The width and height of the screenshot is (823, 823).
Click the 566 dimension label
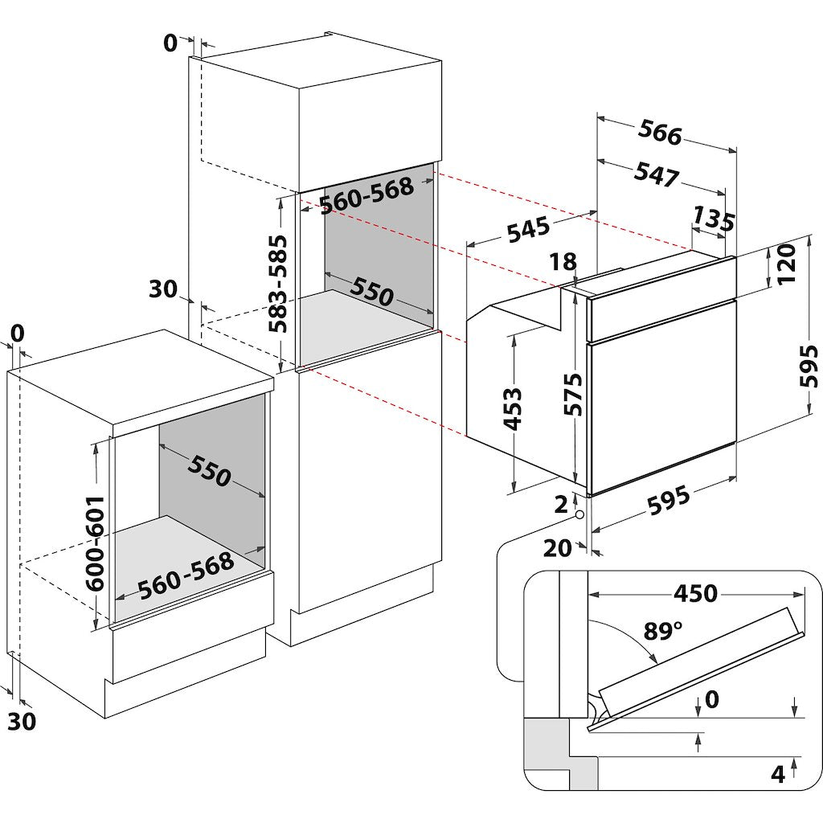coord(660,133)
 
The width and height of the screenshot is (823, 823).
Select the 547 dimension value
coord(656,174)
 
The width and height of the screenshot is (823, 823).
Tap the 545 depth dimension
coord(528,229)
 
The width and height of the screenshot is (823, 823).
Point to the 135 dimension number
coord(714,219)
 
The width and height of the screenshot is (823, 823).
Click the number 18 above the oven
coord(563,261)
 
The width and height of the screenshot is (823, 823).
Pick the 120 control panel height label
coord(787,264)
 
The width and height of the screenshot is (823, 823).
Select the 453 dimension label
coord(512,408)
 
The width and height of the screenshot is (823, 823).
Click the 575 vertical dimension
coord(573,394)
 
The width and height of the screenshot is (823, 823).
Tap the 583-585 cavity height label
coord(278,284)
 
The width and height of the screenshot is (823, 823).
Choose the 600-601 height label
coord(96,543)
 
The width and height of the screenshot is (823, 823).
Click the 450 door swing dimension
coord(695,593)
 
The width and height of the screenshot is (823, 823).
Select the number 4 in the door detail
coord(778,774)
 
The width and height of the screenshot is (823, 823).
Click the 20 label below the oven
coord(557,548)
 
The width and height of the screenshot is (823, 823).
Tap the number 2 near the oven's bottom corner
coord(561,505)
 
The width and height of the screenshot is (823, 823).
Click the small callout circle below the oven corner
coord(579,514)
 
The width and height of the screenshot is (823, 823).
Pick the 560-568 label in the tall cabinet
coord(366,196)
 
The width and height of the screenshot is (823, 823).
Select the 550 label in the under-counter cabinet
coord(210,471)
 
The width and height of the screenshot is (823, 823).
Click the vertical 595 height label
coord(809,366)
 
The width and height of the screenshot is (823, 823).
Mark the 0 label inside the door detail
coord(712,699)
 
